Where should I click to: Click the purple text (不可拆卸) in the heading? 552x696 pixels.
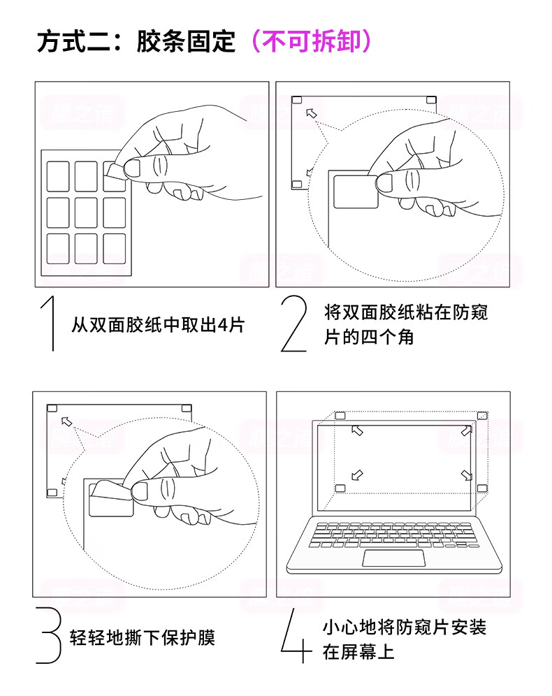tap(310, 42)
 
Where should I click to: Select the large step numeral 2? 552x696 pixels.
tap(293, 323)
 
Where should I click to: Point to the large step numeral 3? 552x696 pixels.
tap(49, 635)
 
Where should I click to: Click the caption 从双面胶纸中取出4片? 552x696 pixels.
tap(158, 325)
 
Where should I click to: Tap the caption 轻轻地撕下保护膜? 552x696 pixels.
tap(142, 637)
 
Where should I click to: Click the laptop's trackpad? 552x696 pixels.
tap(393, 558)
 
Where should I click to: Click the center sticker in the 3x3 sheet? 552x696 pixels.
tap(86, 212)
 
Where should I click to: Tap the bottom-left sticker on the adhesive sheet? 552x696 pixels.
tap(57, 248)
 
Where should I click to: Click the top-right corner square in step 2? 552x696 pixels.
tap(431, 101)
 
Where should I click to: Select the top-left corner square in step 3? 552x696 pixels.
tap(52, 408)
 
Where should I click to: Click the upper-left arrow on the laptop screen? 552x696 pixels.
tap(357, 430)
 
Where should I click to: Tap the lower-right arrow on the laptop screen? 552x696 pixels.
tap(467, 475)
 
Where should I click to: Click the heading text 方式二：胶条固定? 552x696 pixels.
tap(136, 42)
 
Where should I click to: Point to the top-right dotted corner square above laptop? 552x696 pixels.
tap(482, 416)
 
